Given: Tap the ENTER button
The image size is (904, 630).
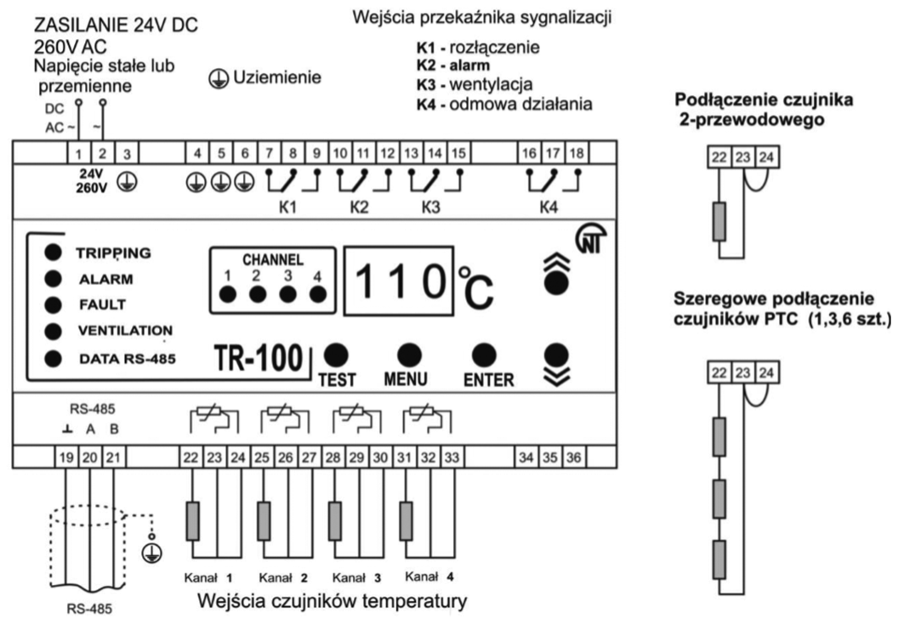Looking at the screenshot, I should (x=484, y=355).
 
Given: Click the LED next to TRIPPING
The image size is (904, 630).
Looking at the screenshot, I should (x=54, y=252).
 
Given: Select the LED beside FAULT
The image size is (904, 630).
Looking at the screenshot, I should (x=54, y=304).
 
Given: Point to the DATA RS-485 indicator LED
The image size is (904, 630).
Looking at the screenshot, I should (x=54, y=358).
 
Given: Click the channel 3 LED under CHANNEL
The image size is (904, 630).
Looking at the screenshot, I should (x=289, y=294).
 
